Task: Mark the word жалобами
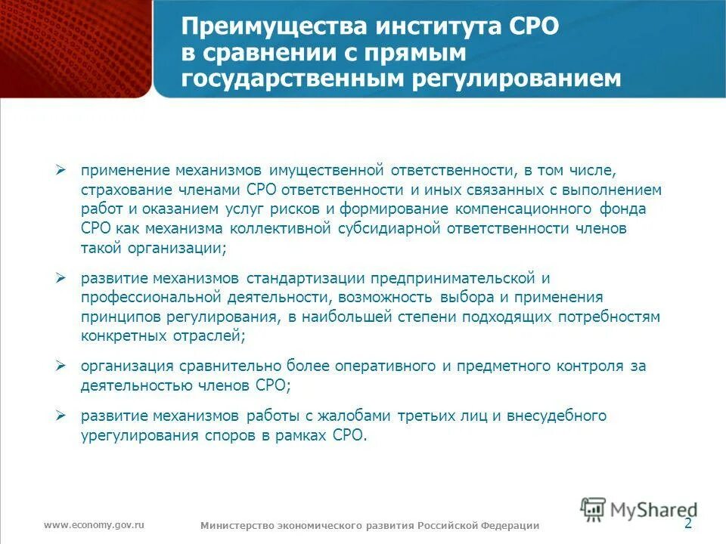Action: [364, 416]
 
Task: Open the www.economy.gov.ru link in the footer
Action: [94, 524]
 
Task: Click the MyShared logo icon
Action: [594, 508]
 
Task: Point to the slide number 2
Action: [687, 524]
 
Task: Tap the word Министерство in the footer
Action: [235, 526]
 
